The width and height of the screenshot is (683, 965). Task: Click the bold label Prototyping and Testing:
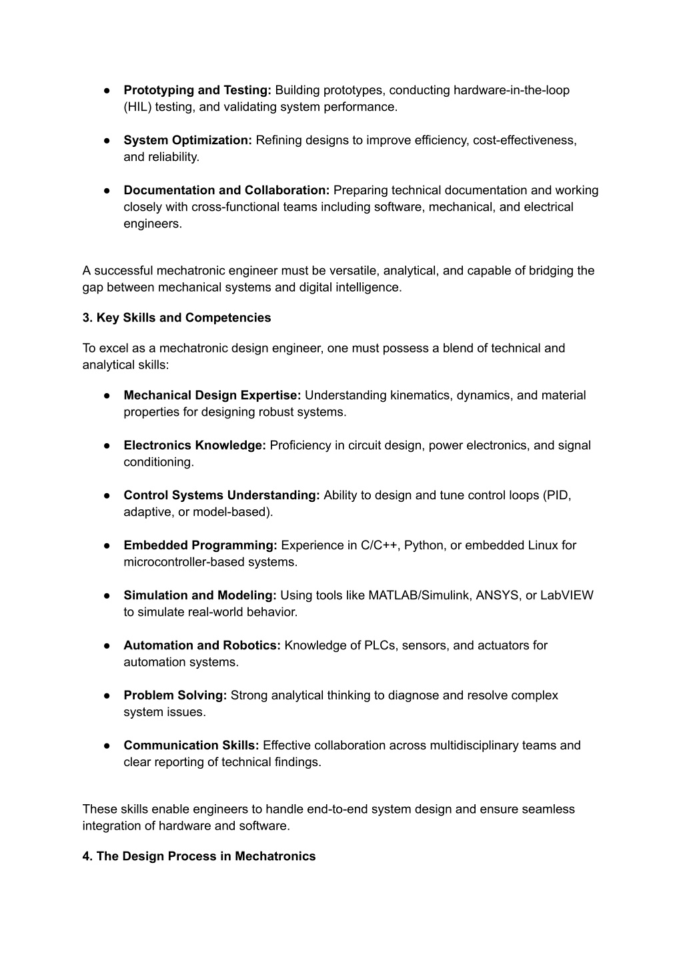click(x=197, y=90)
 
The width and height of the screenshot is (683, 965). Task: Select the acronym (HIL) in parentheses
click(x=137, y=107)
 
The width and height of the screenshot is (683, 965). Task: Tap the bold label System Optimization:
click(x=187, y=140)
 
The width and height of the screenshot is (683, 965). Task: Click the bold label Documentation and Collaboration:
click(x=226, y=190)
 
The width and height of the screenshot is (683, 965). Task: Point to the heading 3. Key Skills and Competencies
click(x=177, y=318)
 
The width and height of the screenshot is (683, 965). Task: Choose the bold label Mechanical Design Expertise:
click(x=212, y=395)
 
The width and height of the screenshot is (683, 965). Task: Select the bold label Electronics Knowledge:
click(x=195, y=445)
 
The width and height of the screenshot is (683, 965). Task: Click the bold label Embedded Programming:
click(x=200, y=545)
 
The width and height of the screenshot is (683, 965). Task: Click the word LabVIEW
click(x=566, y=595)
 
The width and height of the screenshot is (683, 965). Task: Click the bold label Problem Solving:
click(x=175, y=695)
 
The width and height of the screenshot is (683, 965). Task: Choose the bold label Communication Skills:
click(x=191, y=745)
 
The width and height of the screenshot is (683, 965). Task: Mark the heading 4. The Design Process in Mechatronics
click(x=199, y=856)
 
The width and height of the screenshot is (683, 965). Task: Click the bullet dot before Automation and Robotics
click(x=107, y=645)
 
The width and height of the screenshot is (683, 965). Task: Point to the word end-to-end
click(x=337, y=810)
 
